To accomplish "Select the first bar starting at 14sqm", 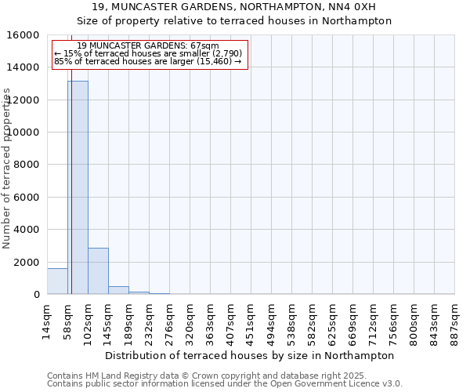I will pos(57,281).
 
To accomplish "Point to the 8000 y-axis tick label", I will pos(27,165).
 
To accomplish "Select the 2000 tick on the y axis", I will pos(27,262).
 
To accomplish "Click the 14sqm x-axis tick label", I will pos(47,321).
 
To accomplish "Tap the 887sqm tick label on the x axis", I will pos(454,321).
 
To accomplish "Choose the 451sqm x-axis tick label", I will pos(251,321).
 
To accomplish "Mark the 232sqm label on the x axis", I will pos(149,321).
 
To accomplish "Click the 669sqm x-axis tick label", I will pos(352,321).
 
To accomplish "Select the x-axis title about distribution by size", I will pos(249,355).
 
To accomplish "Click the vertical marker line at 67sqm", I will pos(71,196).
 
